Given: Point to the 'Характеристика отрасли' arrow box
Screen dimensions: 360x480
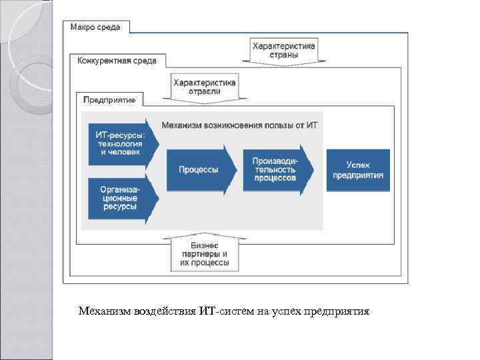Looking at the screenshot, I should [204, 87].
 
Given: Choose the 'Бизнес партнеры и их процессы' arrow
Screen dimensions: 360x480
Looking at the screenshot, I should [204, 254].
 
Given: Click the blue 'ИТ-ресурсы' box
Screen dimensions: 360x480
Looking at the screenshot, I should [121, 143].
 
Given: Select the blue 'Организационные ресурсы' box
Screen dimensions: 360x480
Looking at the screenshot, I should [121, 198].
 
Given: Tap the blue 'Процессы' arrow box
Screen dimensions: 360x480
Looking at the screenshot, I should [199, 170].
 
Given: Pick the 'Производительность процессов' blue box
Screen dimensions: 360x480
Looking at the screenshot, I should [274, 170].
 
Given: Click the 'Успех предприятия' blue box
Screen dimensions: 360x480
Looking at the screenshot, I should [358, 170].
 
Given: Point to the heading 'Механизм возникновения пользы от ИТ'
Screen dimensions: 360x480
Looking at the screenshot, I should [240, 125].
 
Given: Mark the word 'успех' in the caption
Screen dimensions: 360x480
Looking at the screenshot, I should [285, 311].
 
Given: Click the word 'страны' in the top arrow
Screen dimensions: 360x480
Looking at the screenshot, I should [283, 56].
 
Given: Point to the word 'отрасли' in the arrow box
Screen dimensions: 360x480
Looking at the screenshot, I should [204, 92].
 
